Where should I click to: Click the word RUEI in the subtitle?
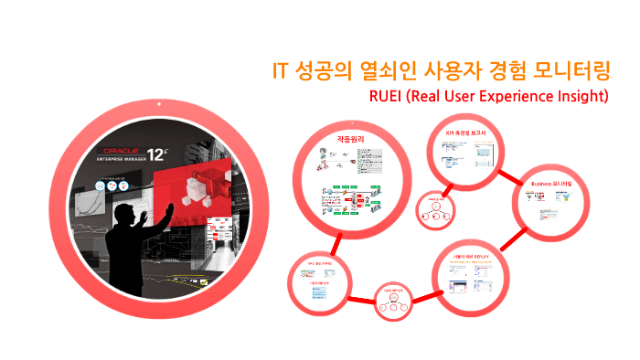(384, 95)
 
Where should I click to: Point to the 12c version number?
(181, 151)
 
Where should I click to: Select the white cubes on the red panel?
(197, 187)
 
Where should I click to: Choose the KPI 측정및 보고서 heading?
(465, 133)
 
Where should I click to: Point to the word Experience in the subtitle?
(499, 95)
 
